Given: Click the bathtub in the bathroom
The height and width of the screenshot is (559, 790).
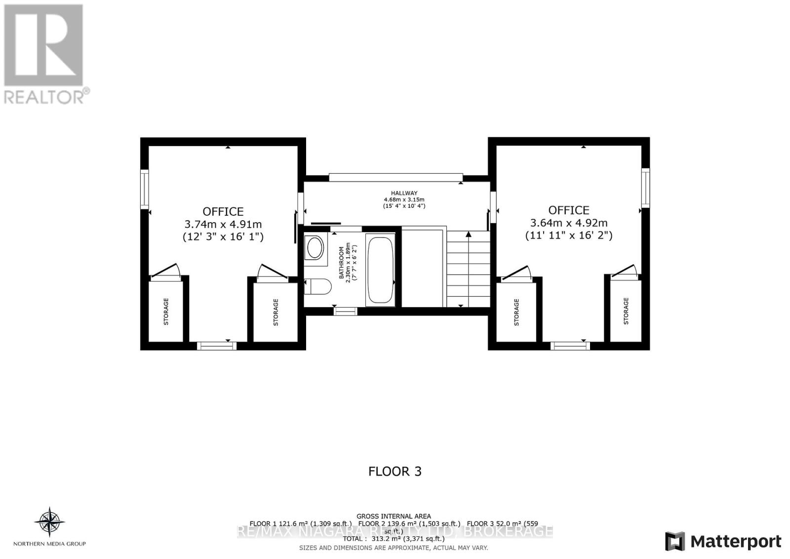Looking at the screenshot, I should click(380, 271).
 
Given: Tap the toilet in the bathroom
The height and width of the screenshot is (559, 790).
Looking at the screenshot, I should click(318, 286).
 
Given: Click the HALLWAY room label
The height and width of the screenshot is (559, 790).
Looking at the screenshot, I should click(404, 193).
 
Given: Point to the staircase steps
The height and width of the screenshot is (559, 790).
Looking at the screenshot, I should click(468, 269).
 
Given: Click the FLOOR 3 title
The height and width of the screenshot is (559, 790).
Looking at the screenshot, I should click(395, 471).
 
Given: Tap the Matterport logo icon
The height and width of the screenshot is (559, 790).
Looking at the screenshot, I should click(675, 541).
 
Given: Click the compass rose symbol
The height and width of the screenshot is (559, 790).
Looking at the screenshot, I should click(49, 521).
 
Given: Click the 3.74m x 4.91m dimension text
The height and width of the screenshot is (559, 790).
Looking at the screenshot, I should click(223, 224).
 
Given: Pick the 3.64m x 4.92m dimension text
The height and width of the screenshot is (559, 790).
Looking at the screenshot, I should click(569, 223).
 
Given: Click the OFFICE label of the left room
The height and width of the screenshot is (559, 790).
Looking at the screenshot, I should click(223, 211).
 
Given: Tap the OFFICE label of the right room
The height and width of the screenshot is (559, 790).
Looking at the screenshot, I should click(569, 210).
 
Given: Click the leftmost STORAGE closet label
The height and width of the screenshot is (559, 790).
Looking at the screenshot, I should click(166, 312).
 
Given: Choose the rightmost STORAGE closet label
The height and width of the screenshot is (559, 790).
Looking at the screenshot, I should click(626, 311).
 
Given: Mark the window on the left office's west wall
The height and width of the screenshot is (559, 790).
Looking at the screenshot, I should click(144, 189).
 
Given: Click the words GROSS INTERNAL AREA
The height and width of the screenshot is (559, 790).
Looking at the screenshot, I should click(394, 516).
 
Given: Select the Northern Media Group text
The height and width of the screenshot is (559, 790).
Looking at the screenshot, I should click(49, 544).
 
